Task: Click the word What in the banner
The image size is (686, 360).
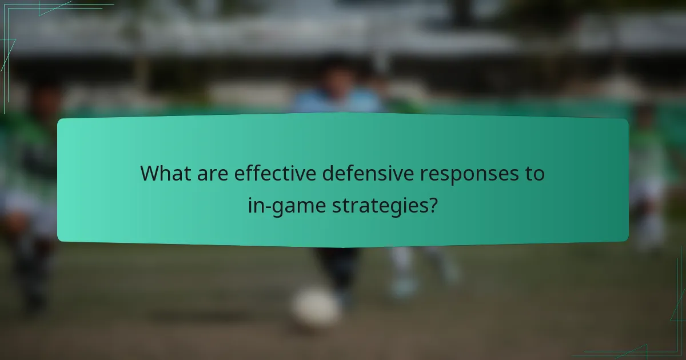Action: [164, 173]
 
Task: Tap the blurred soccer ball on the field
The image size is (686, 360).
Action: [316, 307]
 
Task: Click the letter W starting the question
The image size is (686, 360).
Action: [150, 173]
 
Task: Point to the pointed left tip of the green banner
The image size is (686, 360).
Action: [58, 180]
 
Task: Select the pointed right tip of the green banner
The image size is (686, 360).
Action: [628, 180]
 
